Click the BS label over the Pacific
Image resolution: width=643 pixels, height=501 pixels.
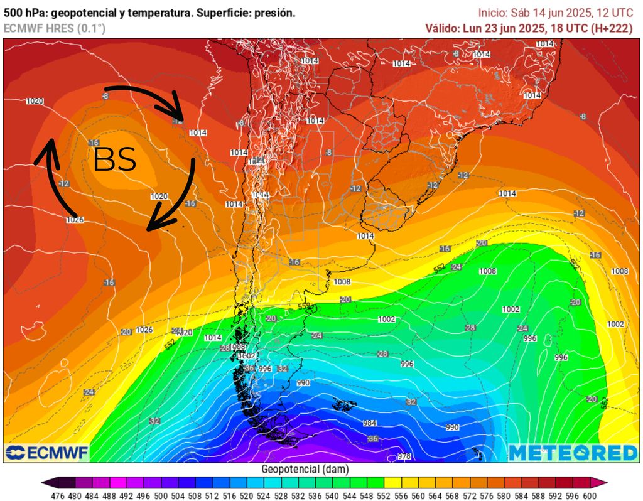(115, 160)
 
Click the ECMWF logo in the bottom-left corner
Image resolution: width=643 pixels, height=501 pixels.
(47, 452)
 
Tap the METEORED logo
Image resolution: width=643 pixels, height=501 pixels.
(573, 452)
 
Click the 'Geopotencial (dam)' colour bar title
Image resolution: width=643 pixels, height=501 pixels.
(305, 469)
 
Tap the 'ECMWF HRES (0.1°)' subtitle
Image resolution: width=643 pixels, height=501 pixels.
(55, 28)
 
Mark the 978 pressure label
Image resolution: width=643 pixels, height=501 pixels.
(405, 456)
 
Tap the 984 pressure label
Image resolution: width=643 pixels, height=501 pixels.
(370, 423)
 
